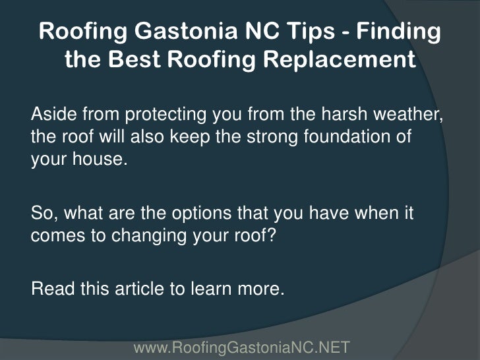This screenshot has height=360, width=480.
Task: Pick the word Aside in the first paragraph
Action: point(51,115)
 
